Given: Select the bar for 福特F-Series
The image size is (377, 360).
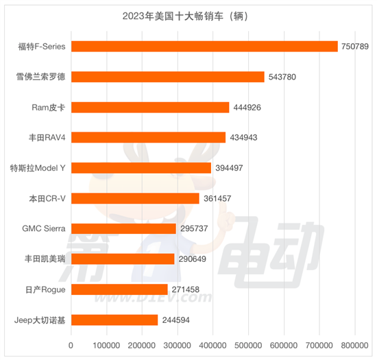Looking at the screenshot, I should [204, 46].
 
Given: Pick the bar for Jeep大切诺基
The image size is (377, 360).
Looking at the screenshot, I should [114, 320].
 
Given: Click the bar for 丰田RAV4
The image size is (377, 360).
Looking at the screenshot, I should [148, 137].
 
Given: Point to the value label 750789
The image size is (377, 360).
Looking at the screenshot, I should [355, 46].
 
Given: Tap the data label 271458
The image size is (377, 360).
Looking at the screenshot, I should [185, 289].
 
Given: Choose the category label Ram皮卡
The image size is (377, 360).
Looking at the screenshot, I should [47, 107].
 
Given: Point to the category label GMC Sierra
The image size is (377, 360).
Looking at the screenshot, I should [40, 229].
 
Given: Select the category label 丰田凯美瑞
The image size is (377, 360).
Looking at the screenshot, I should [45, 259].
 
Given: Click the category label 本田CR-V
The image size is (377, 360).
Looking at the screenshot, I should [45, 198].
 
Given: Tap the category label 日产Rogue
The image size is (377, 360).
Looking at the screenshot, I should [45, 289].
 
